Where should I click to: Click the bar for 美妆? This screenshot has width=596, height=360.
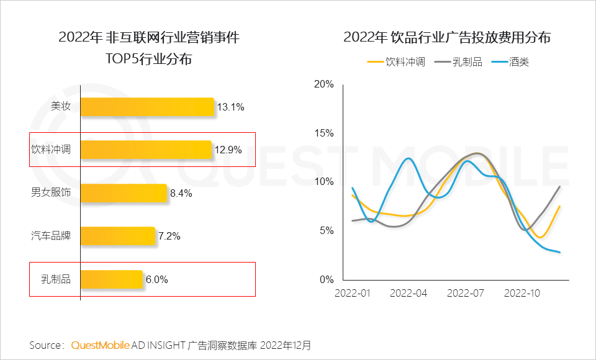[147, 107]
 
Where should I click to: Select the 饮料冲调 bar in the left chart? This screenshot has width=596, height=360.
[146, 150]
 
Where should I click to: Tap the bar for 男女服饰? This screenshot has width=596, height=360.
[124, 193]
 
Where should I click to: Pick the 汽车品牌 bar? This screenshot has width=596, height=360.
[117, 236]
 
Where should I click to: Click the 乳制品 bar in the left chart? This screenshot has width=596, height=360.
[111, 279]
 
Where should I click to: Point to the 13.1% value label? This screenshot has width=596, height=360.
[230, 107]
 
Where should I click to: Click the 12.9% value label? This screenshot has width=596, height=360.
[229, 150]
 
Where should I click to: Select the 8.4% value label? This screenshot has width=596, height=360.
[181, 193]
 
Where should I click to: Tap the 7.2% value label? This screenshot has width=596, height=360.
[169, 236]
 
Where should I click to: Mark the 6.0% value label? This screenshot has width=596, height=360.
[156, 279]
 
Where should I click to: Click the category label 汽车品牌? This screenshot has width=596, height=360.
[51, 236]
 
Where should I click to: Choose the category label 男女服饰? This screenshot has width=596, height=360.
[51, 193]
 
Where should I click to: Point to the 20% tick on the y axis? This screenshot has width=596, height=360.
[324, 84]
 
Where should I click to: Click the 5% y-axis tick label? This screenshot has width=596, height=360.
[327, 231]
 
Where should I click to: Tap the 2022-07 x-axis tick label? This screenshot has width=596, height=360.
[466, 292]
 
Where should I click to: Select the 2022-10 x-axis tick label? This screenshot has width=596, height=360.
[523, 292]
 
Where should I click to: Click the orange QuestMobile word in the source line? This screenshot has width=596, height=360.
[101, 344]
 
